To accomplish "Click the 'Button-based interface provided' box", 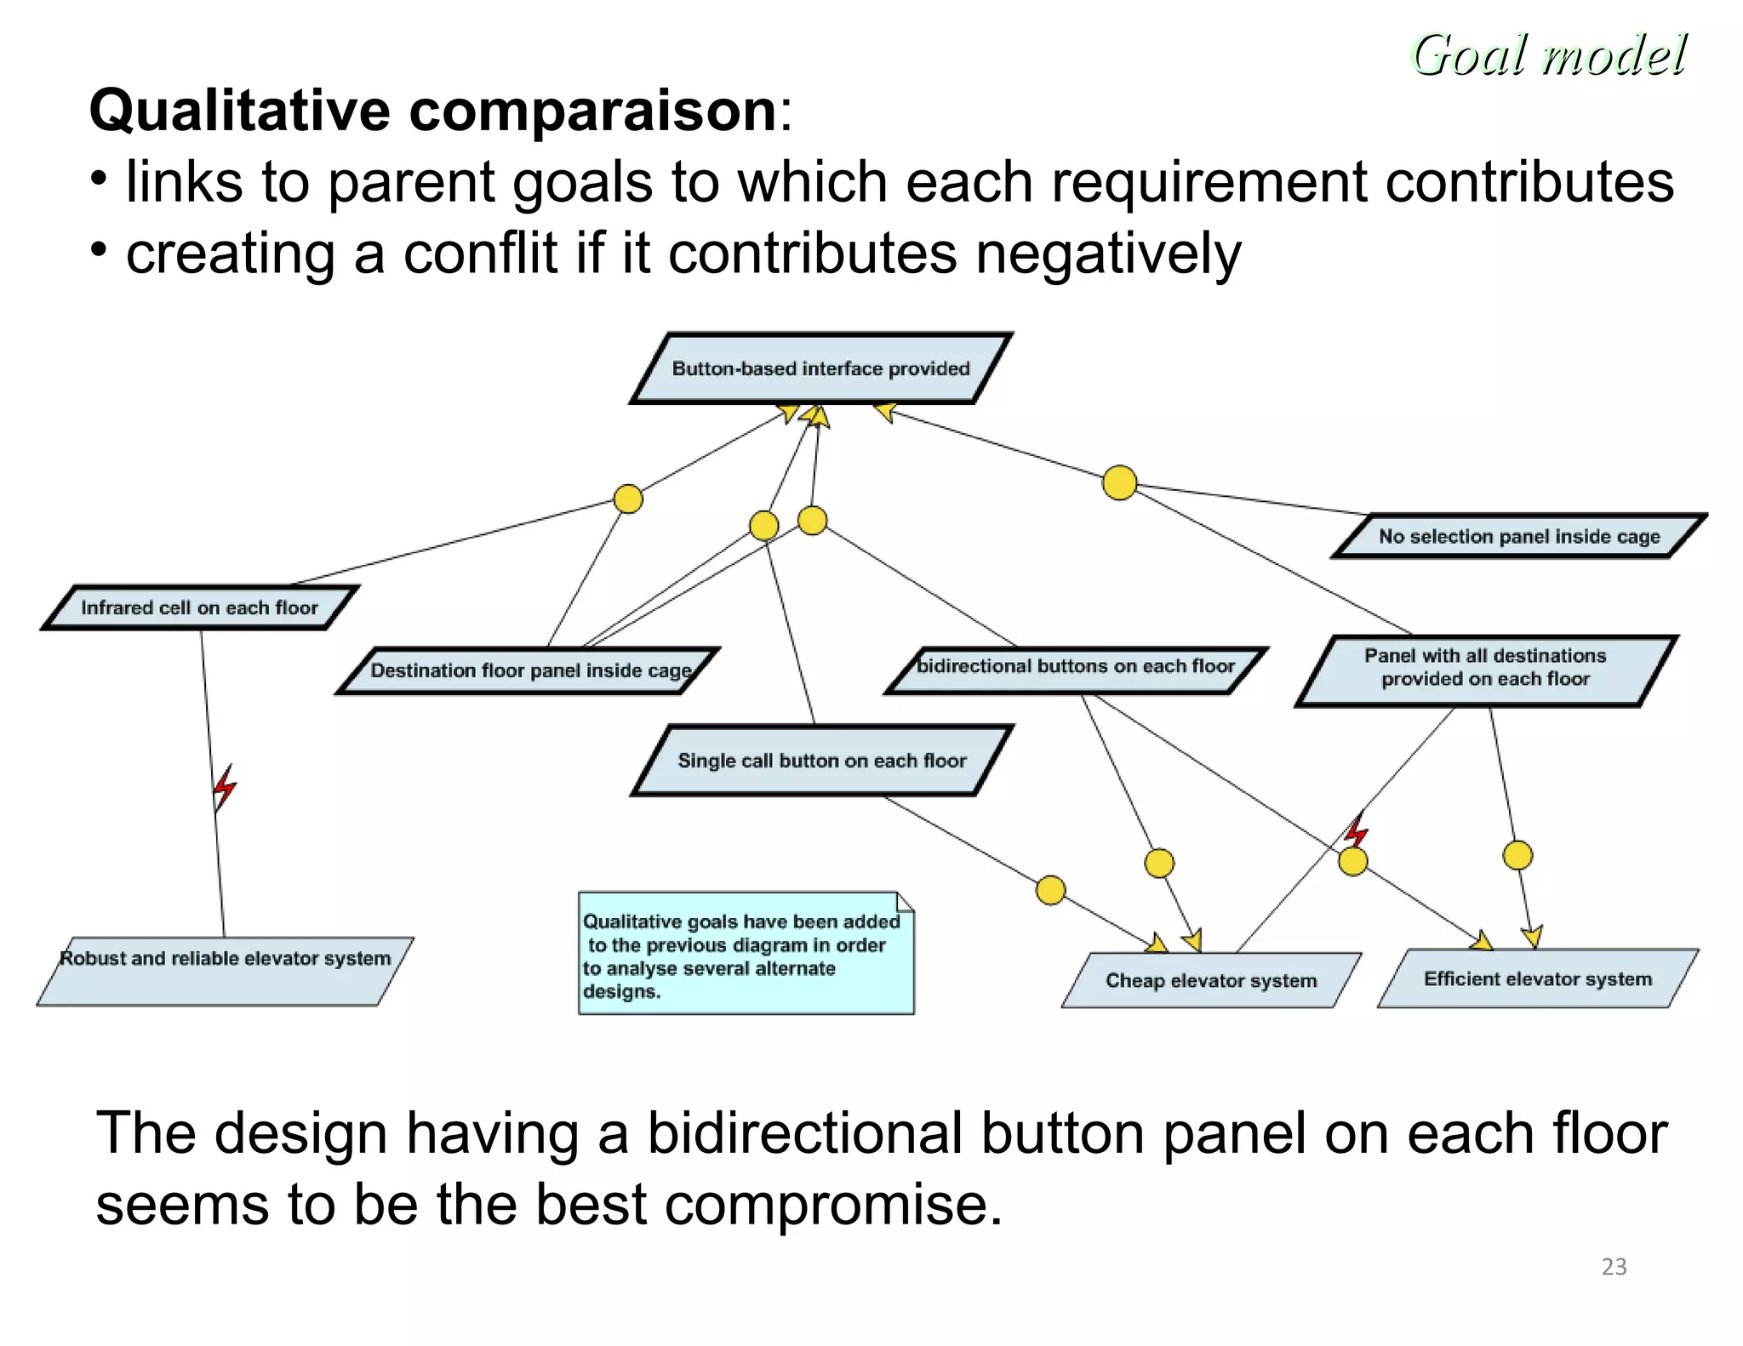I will tap(820, 368).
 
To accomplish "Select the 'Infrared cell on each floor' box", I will tap(199, 607).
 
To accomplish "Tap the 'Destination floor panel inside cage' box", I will tap(528, 670).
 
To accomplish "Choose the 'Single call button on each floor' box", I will tap(821, 761).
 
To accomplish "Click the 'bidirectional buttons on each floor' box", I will tap(1075, 668).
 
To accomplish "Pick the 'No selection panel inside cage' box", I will tap(1519, 537).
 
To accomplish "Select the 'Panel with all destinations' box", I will tap(1485, 669).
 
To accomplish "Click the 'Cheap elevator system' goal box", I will tap(1210, 980).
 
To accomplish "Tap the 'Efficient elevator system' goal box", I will tap(1537, 978).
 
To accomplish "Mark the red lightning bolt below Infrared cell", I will tap(224, 787).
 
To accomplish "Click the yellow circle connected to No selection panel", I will tap(1119, 482).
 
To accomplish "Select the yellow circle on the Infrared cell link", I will tap(628, 499).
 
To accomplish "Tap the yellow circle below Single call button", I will tap(1050, 890).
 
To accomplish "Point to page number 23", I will tap(1614, 1267).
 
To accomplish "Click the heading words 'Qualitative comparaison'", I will tap(432, 111).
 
